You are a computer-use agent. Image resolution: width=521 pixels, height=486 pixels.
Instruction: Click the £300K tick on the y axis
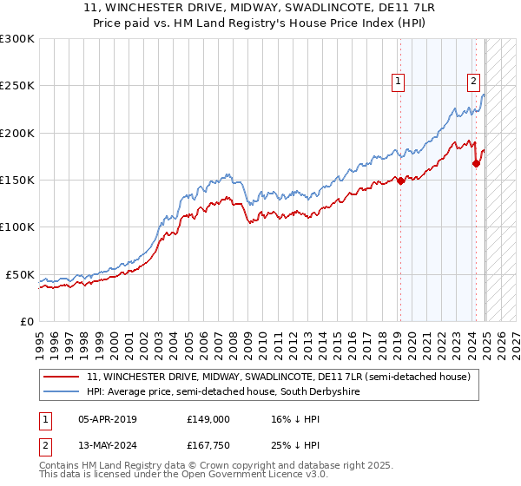tap(16, 39)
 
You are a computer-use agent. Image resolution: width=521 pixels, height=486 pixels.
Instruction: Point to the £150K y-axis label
tap(16, 181)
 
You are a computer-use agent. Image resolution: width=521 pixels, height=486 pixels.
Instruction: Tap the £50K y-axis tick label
tap(20, 274)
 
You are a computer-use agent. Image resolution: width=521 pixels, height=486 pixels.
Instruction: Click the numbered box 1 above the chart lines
tap(398, 82)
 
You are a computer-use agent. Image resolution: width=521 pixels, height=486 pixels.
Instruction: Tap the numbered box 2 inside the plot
tap(473, 82)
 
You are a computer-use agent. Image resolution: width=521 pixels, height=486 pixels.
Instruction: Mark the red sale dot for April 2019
tap(400, 181)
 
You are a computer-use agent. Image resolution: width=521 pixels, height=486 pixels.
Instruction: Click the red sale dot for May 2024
tap(477, 163)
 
